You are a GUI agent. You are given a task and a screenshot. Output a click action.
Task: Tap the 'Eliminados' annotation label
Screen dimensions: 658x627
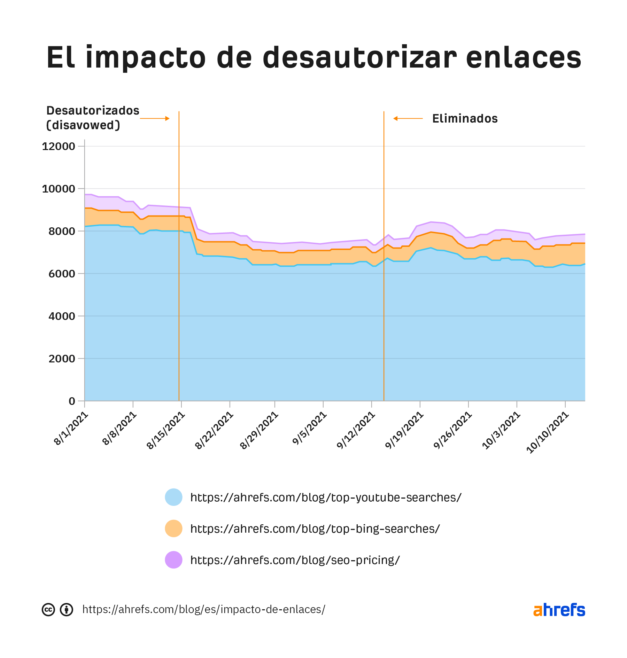(x=465, y=119)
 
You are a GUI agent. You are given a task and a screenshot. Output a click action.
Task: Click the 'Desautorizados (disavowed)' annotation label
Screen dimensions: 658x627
(x=93, y=118)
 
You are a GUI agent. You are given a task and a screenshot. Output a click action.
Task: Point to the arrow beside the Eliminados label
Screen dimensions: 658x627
(x=408, y=119)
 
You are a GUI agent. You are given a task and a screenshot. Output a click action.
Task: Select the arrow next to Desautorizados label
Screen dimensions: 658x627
(x=155, y=119)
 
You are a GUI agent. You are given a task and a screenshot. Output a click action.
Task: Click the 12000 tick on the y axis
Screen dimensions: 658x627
(x=59, y=146)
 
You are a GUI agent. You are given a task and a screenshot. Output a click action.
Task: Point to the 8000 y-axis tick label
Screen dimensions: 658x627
(x=62, y=231)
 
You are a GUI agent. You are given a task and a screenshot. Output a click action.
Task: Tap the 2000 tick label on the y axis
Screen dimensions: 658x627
(x=62, y=359)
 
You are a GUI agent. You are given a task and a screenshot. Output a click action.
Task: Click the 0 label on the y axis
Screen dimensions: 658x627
(x=72, y=401)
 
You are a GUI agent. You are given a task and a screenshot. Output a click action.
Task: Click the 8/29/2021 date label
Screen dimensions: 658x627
(x=260, y=430)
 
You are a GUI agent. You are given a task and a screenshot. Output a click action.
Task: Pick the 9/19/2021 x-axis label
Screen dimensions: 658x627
(x=404, y=430)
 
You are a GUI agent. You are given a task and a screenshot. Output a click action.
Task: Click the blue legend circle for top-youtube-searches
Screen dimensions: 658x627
(x=173, y=497)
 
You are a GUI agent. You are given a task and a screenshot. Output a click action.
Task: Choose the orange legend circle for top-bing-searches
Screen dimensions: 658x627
(x=173, y=528)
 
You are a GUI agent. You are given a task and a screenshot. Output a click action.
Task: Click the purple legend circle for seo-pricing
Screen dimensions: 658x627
(x=173, y=560)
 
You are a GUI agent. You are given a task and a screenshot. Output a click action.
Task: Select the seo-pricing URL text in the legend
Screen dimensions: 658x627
(x=295, y=560)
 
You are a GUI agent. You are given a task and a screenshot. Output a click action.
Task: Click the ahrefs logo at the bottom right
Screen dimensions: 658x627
(x=559, y=610)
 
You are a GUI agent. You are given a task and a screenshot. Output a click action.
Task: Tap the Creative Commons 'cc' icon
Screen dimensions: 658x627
(x=48, y=610)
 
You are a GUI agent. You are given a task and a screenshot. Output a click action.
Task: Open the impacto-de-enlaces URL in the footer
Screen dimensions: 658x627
(x=204, y=610)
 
